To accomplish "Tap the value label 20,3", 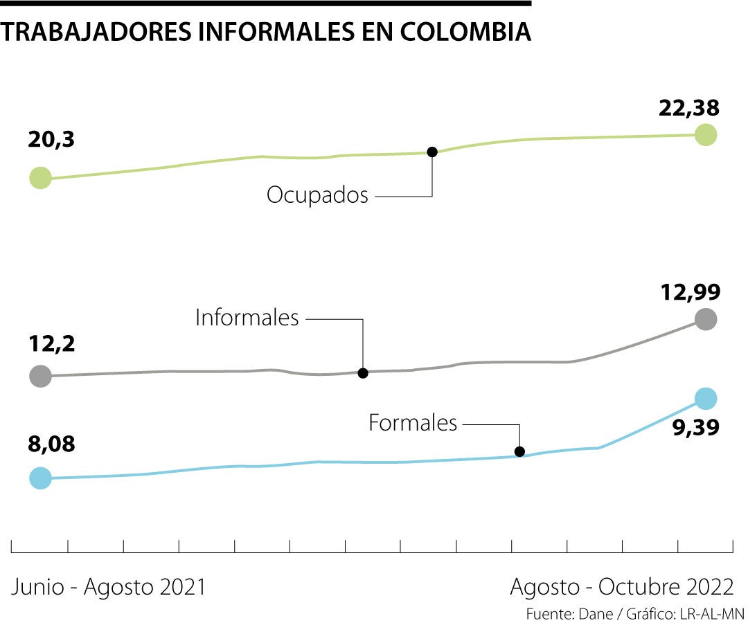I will click(x=51, y=140).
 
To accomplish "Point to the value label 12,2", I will click(x=51, y=343).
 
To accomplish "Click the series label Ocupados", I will click(x=317, y=195).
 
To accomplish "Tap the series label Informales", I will click(x=247, y=318).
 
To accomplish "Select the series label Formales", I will click(x=413, y=423).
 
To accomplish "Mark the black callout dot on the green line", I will click(x=432, y=152).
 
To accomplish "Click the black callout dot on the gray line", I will click(x=362, y=373).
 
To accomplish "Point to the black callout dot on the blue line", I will click(x=520, y=452).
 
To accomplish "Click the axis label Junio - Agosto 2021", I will click(x=109, y=587).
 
